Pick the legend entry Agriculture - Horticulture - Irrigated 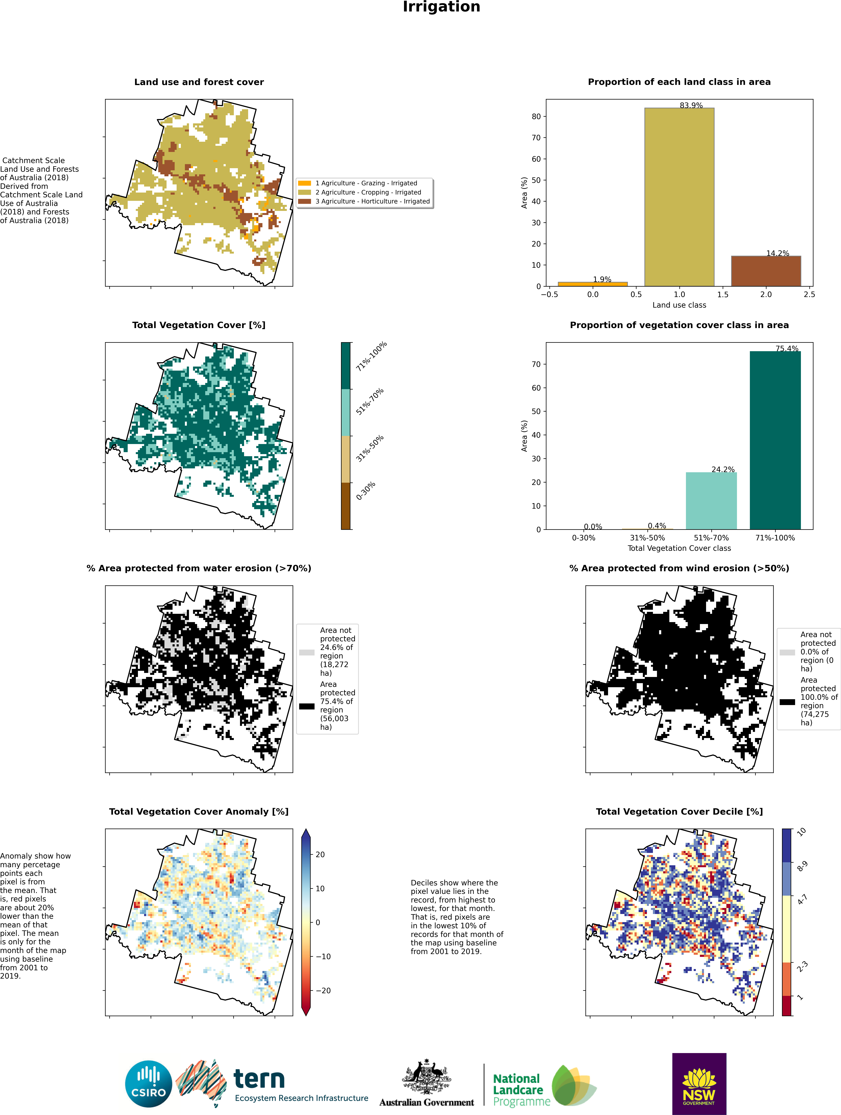point(372,201)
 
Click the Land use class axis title point(679,305)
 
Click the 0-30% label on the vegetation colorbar point(366,491)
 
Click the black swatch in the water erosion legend point(307,706)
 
